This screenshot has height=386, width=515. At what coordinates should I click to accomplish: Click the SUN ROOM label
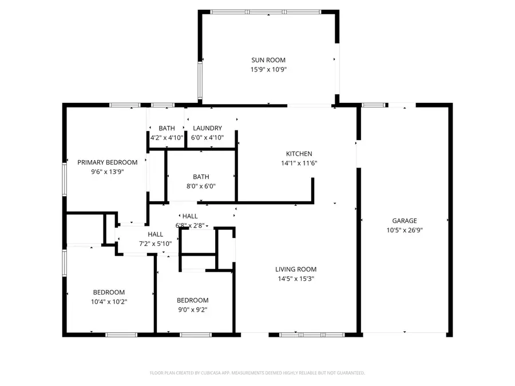[268, 60]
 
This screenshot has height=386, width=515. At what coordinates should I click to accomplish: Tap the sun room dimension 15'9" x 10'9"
[268, 70]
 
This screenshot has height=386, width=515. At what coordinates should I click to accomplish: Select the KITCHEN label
[299, 153]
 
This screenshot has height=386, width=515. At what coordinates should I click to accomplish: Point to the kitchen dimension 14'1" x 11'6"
[299, 163]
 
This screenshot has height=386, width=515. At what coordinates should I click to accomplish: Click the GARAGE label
[404, 220]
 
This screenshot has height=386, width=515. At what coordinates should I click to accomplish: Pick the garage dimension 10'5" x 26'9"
[404, 230]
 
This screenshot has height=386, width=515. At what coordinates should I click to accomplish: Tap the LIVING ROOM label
[295, 269]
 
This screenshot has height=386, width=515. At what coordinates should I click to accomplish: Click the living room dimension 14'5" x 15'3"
[295, 279]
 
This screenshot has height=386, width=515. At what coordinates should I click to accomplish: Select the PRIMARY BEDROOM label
[108, 162]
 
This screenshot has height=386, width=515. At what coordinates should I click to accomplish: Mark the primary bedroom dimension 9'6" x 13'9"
[108, 172]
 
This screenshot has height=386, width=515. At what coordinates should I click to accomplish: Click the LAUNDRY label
[207, 128]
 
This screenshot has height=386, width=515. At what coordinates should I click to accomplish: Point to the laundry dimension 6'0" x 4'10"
[207, 138]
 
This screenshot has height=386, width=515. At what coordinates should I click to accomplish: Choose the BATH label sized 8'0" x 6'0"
[201, 177]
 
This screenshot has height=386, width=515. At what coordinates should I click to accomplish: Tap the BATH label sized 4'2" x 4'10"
[167, 128]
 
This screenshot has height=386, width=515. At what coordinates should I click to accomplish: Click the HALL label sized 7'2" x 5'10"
[155, 234]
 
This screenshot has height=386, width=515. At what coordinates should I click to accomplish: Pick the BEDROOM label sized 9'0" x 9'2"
[192, 300]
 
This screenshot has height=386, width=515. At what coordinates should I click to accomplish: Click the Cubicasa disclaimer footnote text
[257, 373]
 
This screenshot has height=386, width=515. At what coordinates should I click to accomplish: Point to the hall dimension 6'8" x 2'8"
[189, 225]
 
